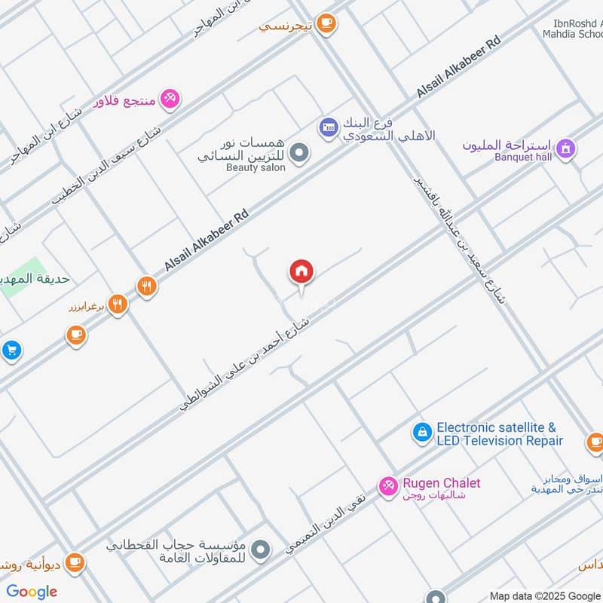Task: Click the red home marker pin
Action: [x=301, y=273]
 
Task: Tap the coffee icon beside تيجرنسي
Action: [x=326, y=24]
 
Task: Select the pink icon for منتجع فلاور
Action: [x=170, y=99]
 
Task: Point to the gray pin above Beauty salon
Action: [x=300, y=153]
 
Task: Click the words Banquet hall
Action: [x=522, y=157]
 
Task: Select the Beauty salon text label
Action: [x=256, y=167]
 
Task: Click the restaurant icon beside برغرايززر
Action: [x=117, y=305]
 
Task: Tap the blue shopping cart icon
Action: [x=10, y=350]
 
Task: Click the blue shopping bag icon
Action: [x=421, y=433]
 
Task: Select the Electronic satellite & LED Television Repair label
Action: [x=499, y=434]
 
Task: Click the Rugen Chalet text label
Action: [x=441, y=483]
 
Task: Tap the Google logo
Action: [x=32, y=592]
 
